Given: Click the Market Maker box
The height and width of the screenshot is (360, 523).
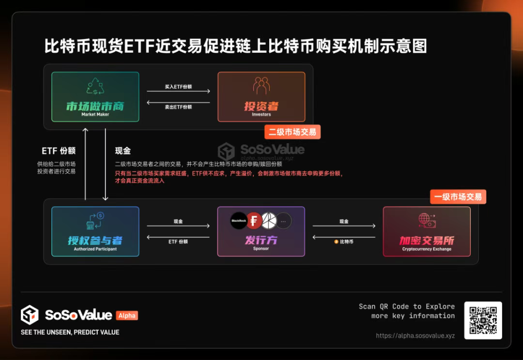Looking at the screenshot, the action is point(95,97).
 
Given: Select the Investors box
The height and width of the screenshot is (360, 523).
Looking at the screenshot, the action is point(261,97).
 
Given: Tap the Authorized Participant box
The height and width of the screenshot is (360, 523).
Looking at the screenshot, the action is point(95,231).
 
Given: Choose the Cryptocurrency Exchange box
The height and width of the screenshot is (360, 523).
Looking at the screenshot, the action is point(427,231).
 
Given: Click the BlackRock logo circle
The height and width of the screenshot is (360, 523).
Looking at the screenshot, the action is point(239,221).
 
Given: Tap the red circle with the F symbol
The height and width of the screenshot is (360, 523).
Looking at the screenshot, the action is point(254,221).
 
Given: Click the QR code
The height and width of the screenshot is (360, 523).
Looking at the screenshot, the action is point(483,320).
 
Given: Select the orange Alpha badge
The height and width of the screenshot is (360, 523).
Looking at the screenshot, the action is point(127,315).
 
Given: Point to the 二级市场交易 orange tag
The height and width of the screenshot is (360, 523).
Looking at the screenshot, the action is point(292,132).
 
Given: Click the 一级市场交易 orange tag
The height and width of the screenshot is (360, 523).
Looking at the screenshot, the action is point(458,196).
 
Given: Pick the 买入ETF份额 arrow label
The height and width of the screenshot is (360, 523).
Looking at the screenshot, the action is point(178,87).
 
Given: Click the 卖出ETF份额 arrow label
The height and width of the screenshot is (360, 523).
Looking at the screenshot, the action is point(178,107).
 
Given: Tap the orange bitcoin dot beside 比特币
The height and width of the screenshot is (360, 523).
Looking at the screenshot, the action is point(336,241).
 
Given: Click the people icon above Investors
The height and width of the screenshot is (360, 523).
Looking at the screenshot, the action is point(261,86).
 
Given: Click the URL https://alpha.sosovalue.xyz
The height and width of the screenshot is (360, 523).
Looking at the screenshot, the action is point(415,336).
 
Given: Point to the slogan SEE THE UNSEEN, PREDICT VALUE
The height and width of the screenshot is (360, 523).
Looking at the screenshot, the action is point(70,332).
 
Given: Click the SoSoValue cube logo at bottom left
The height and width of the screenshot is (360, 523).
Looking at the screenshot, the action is point(30,315).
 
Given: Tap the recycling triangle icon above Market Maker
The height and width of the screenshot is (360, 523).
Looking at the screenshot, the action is point(95,86).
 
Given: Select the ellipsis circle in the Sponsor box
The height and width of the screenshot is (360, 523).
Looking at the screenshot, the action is point(283,221).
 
